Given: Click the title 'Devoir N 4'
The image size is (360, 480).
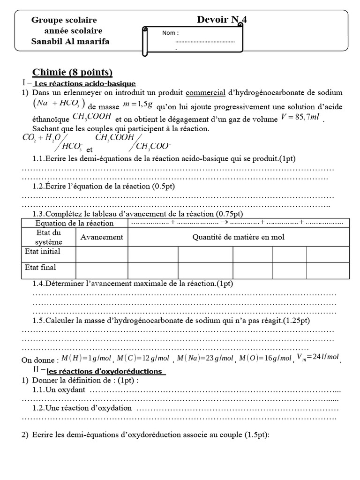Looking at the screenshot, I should pos(222,20).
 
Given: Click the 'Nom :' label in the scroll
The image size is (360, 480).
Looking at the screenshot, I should pos(170,33).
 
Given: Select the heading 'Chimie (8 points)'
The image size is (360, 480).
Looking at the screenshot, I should pos(72,72).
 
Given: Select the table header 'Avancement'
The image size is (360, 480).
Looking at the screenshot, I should pos(102,237).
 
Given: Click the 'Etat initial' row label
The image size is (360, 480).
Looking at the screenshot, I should pos(43,252).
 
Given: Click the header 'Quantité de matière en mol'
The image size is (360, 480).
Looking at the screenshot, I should pos(239,237).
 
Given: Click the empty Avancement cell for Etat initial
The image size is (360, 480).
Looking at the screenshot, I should pos(102,254).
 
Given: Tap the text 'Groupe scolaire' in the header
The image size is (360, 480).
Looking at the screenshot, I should pos(64,20).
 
